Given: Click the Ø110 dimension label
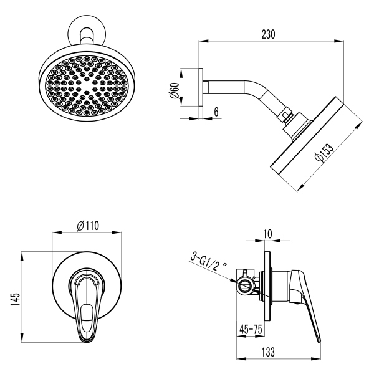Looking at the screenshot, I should [x=87, y=225].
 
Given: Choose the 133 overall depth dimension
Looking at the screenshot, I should [x=279, y=352].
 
